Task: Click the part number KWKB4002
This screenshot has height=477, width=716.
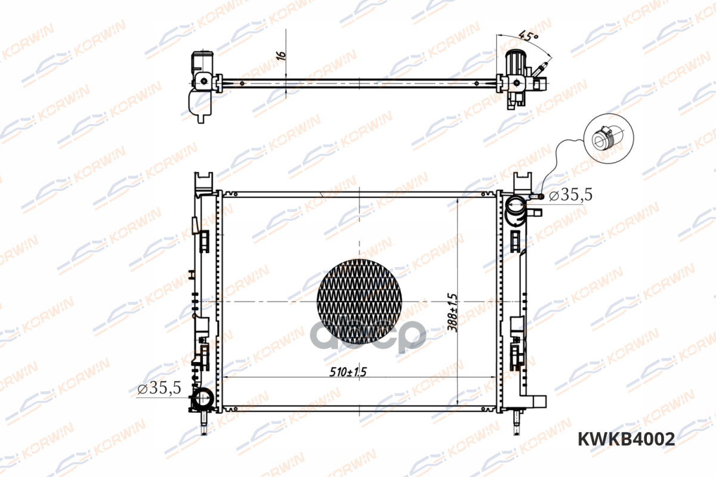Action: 626,439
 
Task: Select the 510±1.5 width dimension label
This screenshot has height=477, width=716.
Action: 348,371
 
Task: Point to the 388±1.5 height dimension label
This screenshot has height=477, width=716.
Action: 453,312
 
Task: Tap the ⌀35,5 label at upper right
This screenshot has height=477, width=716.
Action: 570,194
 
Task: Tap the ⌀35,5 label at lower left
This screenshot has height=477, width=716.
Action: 159,388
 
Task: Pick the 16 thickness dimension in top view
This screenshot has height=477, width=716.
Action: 281,55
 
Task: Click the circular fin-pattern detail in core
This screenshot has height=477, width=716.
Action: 359,301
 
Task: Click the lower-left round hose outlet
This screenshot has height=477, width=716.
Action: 203,398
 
